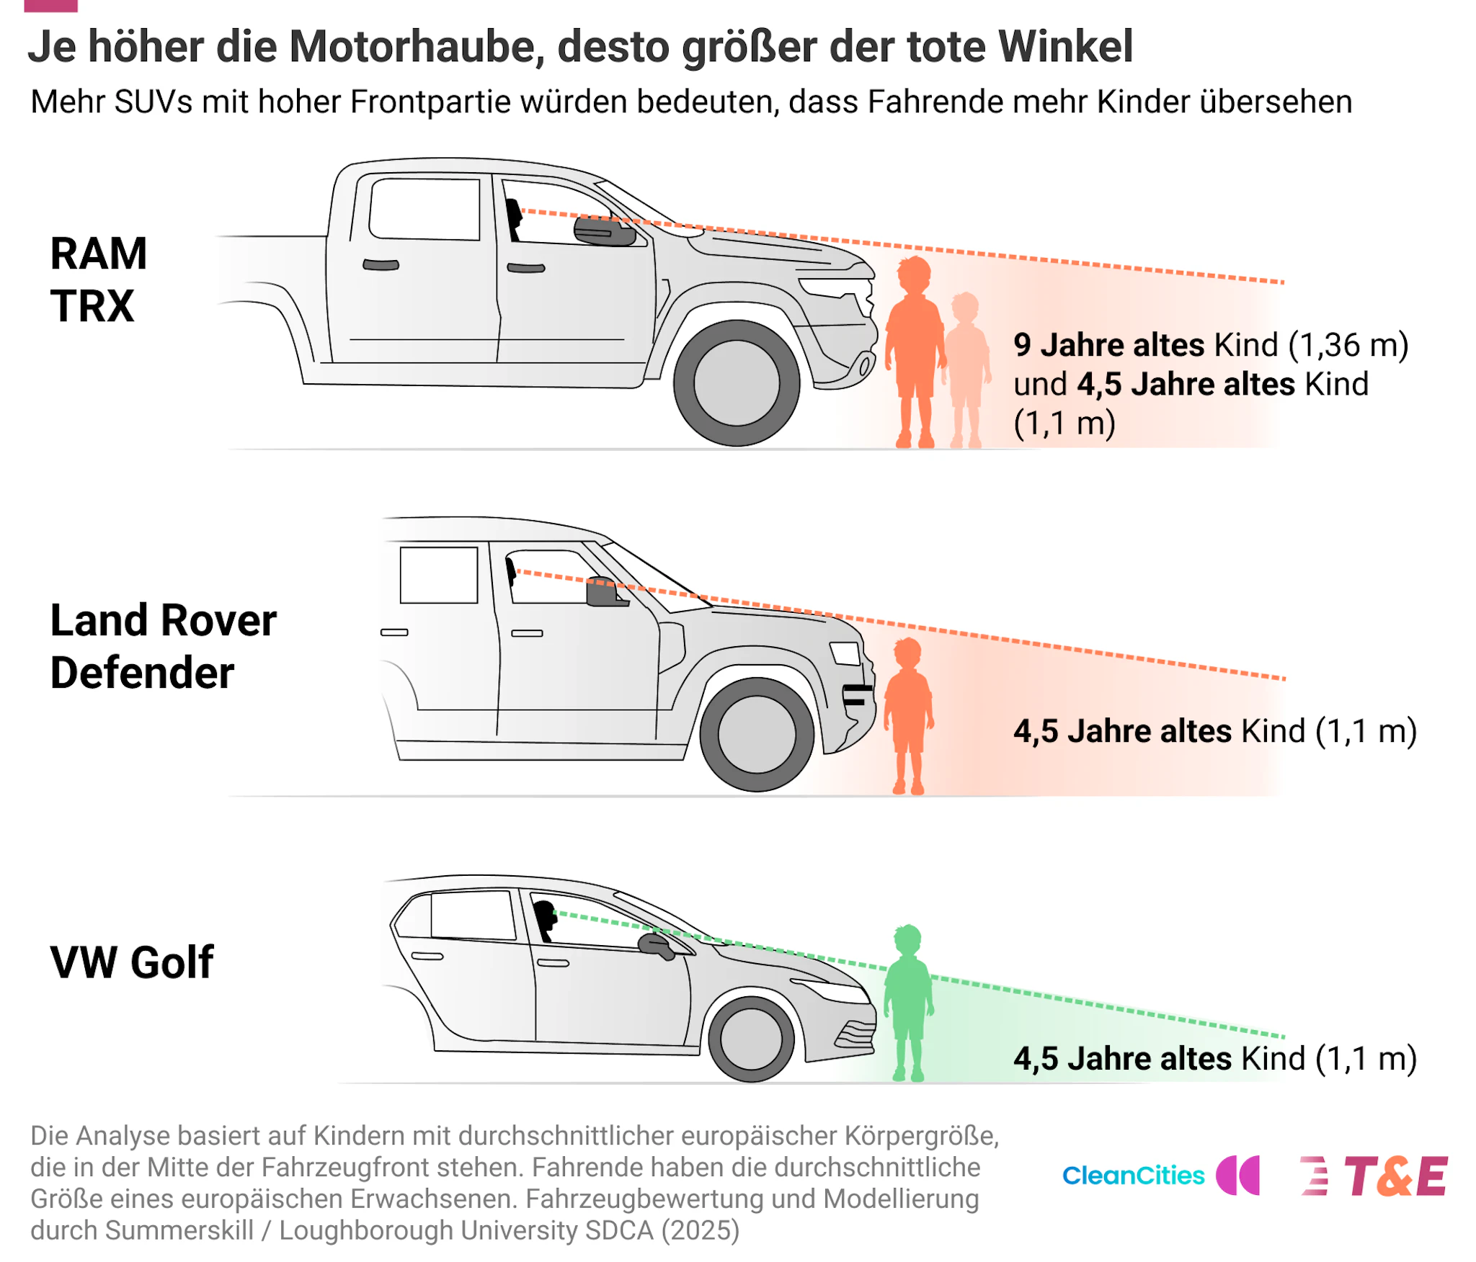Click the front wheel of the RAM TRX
736,382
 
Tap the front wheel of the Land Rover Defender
756,734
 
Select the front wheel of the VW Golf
751,1039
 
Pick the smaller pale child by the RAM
966,370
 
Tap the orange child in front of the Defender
908,715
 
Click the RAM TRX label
99,279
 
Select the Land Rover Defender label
163,646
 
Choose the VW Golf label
132,962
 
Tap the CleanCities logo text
1133,1176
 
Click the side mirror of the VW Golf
656,945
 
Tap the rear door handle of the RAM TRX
381,264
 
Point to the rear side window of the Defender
439,575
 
